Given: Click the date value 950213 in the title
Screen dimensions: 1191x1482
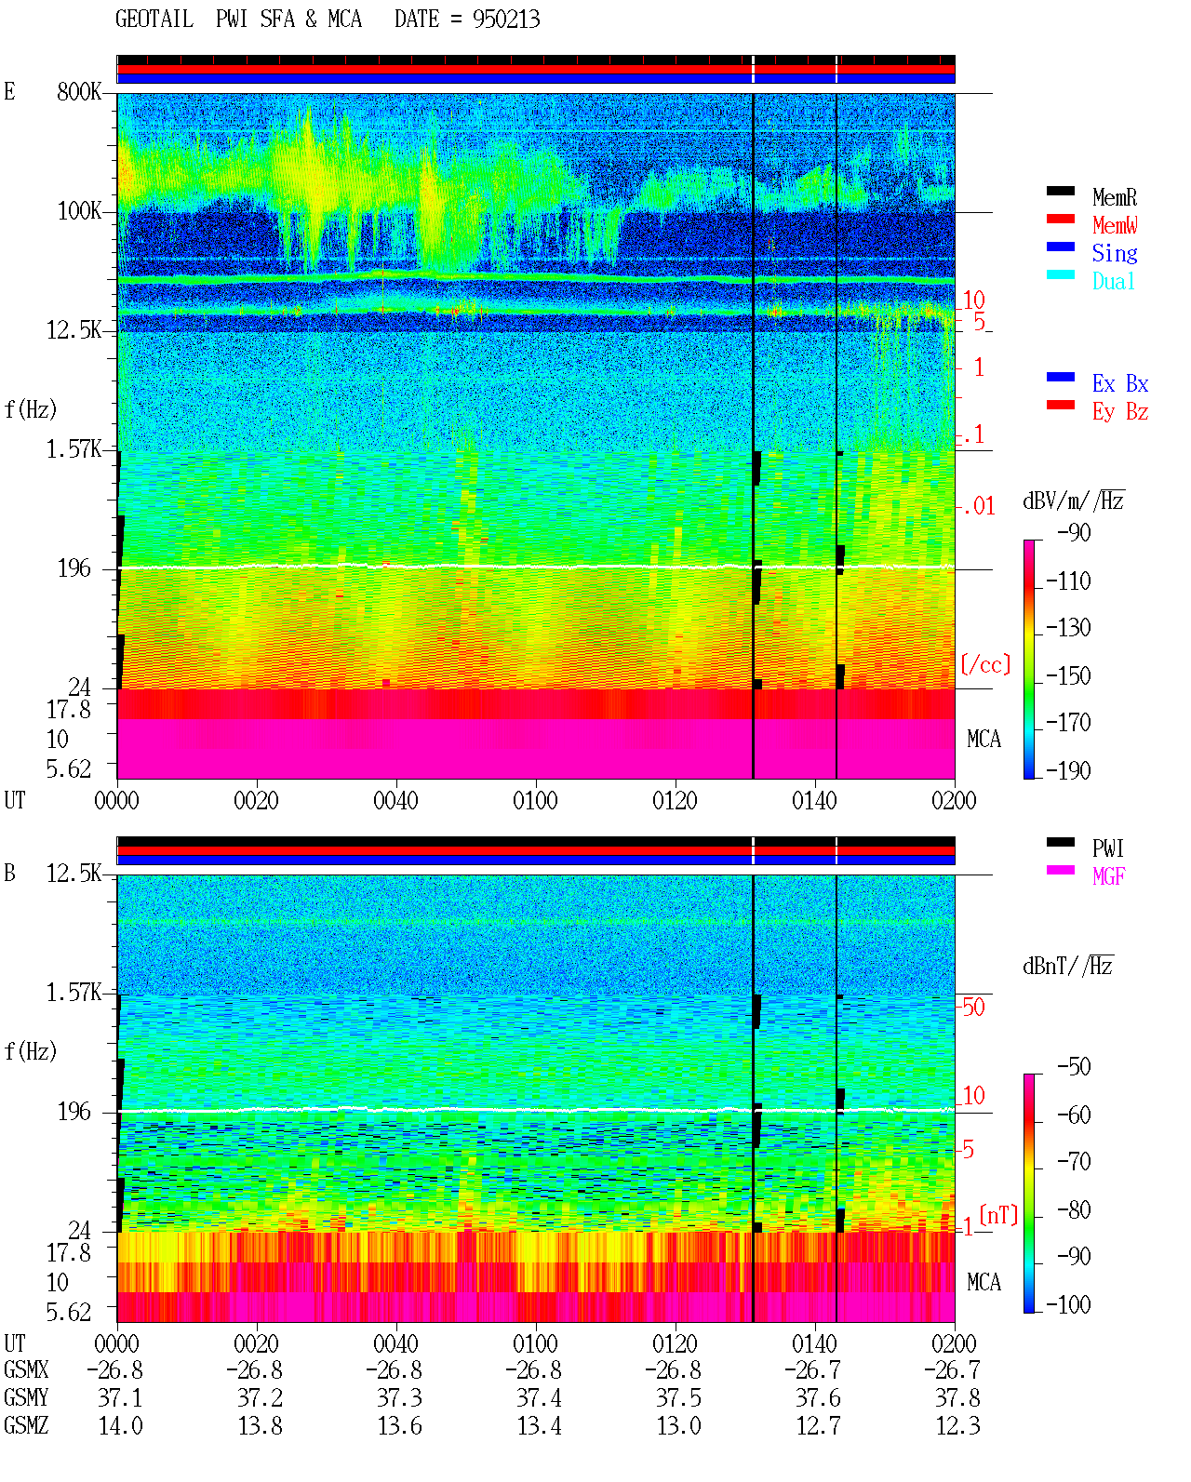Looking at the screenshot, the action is tap(506, 20).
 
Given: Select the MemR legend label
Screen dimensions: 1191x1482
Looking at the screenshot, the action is tap(1115, 197).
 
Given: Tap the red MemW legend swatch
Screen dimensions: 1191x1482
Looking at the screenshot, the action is tap(1060, 219).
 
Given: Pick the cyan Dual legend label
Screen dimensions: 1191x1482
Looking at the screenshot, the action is tap(1114, 281).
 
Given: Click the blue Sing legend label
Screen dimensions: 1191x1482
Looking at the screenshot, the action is tap(1115, 253).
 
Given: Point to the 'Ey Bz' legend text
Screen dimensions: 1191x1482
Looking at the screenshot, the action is tap(1120, 411).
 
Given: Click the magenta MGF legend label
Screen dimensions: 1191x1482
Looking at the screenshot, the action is tap(1108, 876).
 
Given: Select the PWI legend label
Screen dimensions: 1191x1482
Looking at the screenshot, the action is tap(1108, 848).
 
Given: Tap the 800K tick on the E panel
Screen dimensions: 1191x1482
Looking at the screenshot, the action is tap(79, 91).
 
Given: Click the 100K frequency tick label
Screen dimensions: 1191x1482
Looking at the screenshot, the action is tap(79, 211).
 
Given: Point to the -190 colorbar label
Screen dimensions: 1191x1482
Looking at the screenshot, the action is tap(1068, 770).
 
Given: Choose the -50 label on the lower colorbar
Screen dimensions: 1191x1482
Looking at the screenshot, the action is tap(1074, 1067).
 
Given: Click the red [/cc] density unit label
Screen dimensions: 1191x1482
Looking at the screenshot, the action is tap(985, 664).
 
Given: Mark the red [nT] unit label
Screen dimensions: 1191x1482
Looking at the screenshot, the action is tap(998, 1216).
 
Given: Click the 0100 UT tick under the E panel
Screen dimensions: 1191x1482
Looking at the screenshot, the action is tap(535, 800).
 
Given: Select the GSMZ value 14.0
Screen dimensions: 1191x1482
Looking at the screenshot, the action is tap(121, 1425).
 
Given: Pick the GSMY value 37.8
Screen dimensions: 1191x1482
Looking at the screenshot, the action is tap(957, 1398).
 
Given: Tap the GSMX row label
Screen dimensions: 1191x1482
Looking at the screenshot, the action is tap(26, 1369).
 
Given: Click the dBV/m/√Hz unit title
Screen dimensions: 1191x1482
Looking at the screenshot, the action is tap(1074, 500).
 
